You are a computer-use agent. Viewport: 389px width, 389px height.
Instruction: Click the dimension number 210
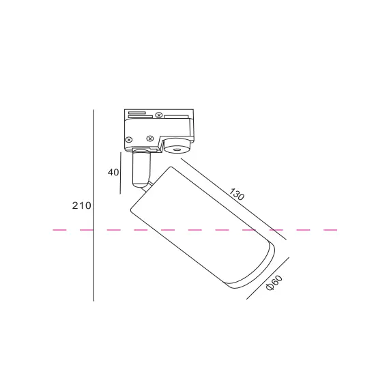click(x=82, y=205)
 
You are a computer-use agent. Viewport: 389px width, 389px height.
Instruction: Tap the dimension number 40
click(x=113, y=172)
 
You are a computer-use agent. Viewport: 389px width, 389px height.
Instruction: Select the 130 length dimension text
click(x=236, y=194)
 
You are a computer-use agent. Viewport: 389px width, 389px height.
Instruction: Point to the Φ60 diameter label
click(x=274, y=283)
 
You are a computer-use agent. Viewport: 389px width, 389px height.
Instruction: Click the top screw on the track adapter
click(x=159, y=115)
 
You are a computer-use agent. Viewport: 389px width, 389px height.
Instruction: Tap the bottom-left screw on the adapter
click(x=129, y=140)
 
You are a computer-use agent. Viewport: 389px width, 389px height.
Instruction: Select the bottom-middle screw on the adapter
click(x=150, y=139)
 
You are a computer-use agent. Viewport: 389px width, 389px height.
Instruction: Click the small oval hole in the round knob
click(x=177, y=150)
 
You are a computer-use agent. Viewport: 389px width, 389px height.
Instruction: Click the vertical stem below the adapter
click(x=141, y=168)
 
